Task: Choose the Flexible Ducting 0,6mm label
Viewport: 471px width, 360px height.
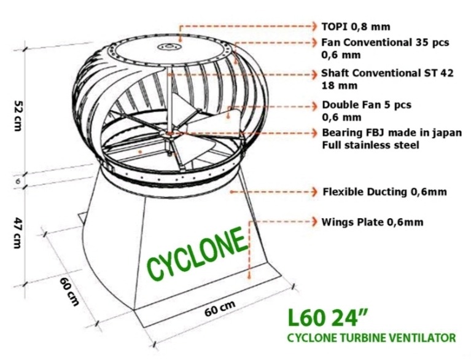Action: coord(384,192)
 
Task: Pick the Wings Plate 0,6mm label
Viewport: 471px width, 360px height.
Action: coord(372,221)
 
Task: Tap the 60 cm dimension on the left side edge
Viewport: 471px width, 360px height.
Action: coord(69,290)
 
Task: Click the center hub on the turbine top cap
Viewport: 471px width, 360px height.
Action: coord(168,47)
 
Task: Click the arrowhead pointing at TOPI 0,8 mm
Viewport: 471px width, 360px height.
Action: coord(313,26)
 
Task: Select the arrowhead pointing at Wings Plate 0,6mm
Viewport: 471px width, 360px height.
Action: coord(313,221)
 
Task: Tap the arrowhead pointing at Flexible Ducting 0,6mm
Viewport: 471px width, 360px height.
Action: coord(313,192)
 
